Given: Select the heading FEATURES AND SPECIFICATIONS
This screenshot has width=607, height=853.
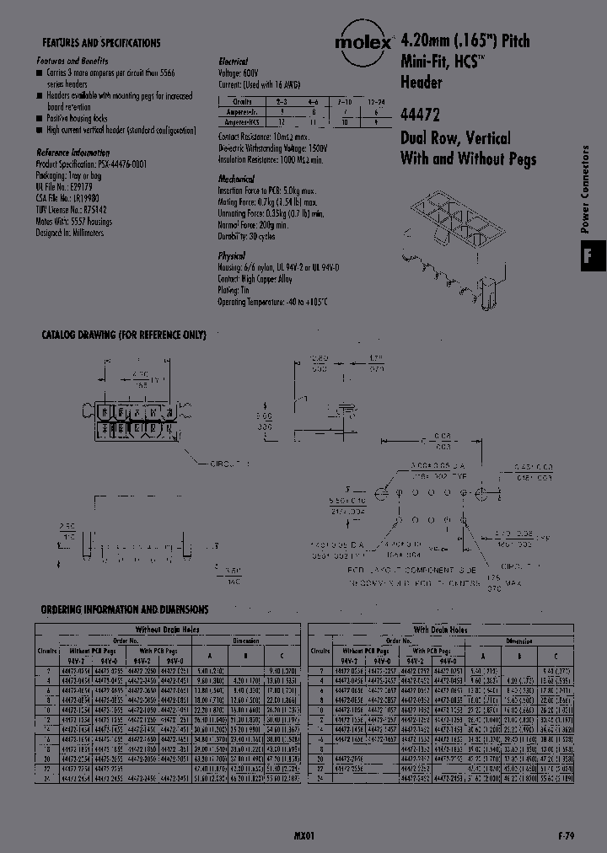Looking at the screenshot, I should point(101,42).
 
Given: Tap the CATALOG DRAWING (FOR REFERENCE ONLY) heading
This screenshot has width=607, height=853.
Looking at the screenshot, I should point(124,335).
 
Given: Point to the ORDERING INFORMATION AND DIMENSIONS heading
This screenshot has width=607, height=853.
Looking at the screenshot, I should point(125,609).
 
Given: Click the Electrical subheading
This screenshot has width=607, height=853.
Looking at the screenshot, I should point(233,62).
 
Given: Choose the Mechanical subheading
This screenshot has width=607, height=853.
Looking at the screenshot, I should point(236,180).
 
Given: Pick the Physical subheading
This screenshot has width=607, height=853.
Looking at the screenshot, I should point(231,255).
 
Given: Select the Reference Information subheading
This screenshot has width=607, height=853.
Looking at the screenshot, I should point(73,153).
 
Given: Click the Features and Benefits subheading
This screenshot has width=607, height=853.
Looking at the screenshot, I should point(73,62).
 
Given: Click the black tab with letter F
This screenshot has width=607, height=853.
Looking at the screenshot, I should point(588,255).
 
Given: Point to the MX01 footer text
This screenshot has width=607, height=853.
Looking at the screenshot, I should point(304,835).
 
